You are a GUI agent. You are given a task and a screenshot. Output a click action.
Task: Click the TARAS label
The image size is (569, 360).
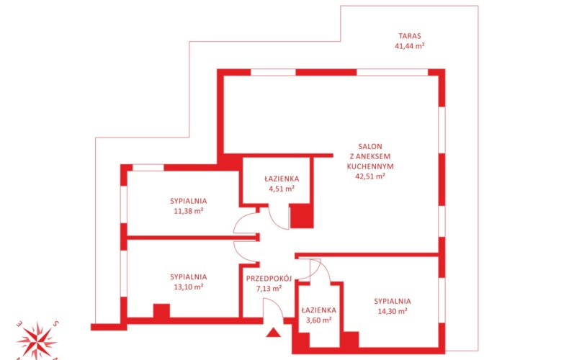pyautogui.click(x=410, y=36)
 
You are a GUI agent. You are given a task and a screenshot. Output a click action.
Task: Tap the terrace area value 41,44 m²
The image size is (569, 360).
pyautogui.click(x=410, y=46)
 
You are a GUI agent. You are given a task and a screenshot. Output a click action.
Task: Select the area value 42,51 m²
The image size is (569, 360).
pyautogui.click(x=370, y=176)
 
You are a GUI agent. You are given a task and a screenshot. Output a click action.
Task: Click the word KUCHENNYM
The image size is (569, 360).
pyautogui.click(x=370, y=166)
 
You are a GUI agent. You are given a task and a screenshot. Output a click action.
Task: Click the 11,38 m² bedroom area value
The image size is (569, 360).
pyautogui.click(x=188, y=211)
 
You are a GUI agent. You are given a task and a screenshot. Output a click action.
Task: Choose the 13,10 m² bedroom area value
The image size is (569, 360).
pyautogui.click(x=188, y=287)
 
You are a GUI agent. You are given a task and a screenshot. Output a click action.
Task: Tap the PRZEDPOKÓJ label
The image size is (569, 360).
pyautogui.click(x=269, y=279)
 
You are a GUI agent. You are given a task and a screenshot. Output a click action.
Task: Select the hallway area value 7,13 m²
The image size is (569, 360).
pyautogui.click(x=269, y=289)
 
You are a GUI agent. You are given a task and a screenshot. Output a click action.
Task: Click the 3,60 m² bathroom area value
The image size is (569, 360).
pyautogui.click(x=318, y=320)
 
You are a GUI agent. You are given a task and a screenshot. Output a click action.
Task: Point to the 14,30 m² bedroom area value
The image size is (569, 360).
pyautogui.click(x=393, y=311)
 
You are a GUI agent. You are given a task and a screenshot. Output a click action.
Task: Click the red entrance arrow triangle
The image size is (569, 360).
pyautogui.click(x=273, y=333)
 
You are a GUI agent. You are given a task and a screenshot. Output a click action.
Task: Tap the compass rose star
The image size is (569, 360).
pyautogui.click(x=37, y=341)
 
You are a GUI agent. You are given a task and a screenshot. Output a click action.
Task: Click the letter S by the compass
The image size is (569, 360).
pyautogui.click(x=55, y=323)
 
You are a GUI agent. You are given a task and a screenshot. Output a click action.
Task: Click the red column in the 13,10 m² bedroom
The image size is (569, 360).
pyautogui.click(x=161, y=310)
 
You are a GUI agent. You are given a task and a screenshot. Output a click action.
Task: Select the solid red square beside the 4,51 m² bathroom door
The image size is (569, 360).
pyautogui.click(x=302, y=216)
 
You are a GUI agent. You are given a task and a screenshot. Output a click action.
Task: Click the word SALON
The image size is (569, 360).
pyautogui.click(x=370, y=147)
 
